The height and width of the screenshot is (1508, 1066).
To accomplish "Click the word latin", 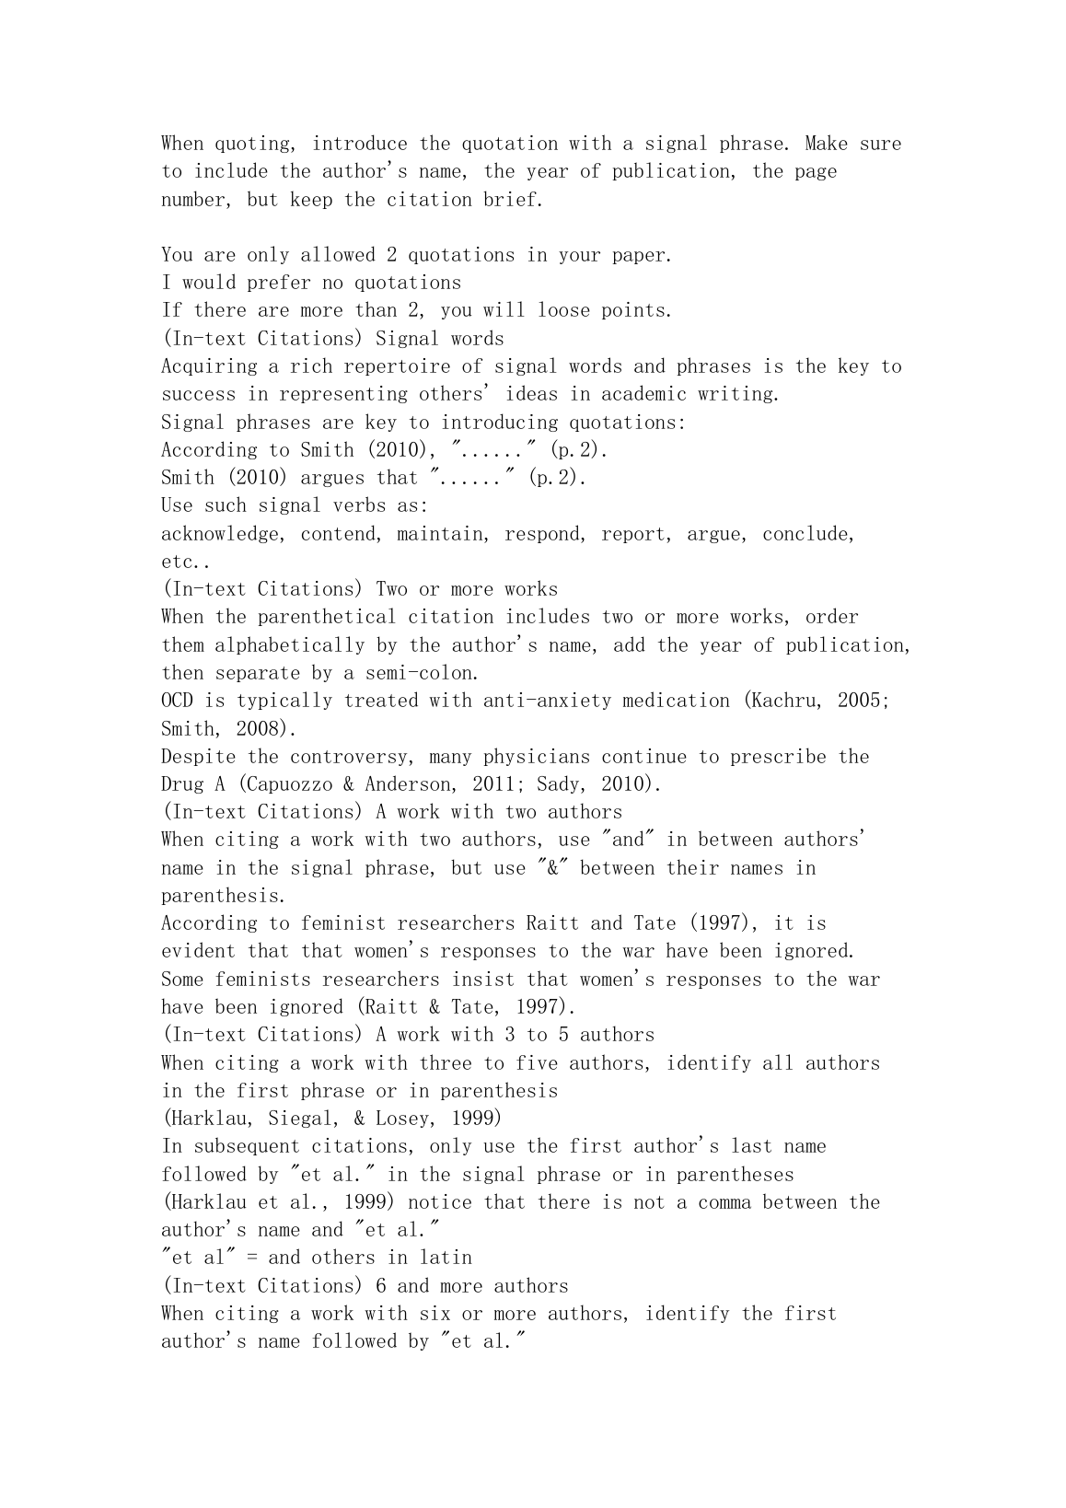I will (x=446, y=1258).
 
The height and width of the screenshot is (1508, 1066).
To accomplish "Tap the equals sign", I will (x=252, y=1258).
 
